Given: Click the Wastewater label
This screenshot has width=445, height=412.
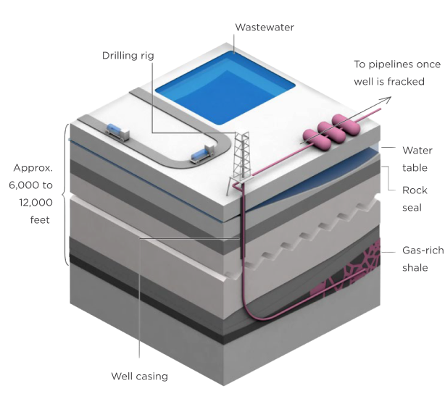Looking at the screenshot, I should coord(264,28).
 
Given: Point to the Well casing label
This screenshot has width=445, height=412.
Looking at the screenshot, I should coord(139,377).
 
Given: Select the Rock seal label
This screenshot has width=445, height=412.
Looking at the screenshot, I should coord(415,199).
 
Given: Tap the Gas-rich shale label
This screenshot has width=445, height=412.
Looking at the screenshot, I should coord(420,259).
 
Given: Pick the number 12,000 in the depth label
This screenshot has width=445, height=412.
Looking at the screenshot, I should coord(33,201).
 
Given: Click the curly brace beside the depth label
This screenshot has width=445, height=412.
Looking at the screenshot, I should coord(65,192).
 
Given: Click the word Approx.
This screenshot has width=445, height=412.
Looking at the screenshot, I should coord(33,168).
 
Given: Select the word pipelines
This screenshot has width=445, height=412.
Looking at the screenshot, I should coord(388,64).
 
